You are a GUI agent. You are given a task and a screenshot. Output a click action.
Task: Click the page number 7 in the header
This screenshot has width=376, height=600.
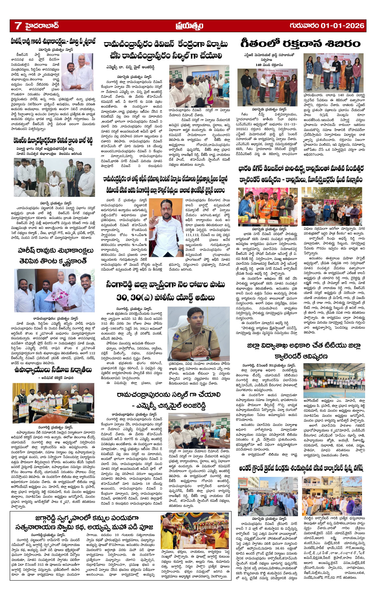click(x=18, y=26)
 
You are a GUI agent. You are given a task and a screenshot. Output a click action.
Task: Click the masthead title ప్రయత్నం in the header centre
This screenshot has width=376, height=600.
click(x=189, y=26)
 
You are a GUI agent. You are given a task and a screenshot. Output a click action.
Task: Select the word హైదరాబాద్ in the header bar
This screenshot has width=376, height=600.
click(x=42, y=26)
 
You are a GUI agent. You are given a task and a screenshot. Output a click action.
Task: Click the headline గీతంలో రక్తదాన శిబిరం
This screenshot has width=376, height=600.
click(x=300, y=43)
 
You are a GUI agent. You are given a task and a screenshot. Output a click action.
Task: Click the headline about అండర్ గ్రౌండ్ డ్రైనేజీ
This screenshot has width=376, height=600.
click(x=301, y=468)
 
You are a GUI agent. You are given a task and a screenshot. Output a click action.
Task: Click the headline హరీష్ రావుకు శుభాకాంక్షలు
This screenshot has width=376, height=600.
click(x=56, y=251)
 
